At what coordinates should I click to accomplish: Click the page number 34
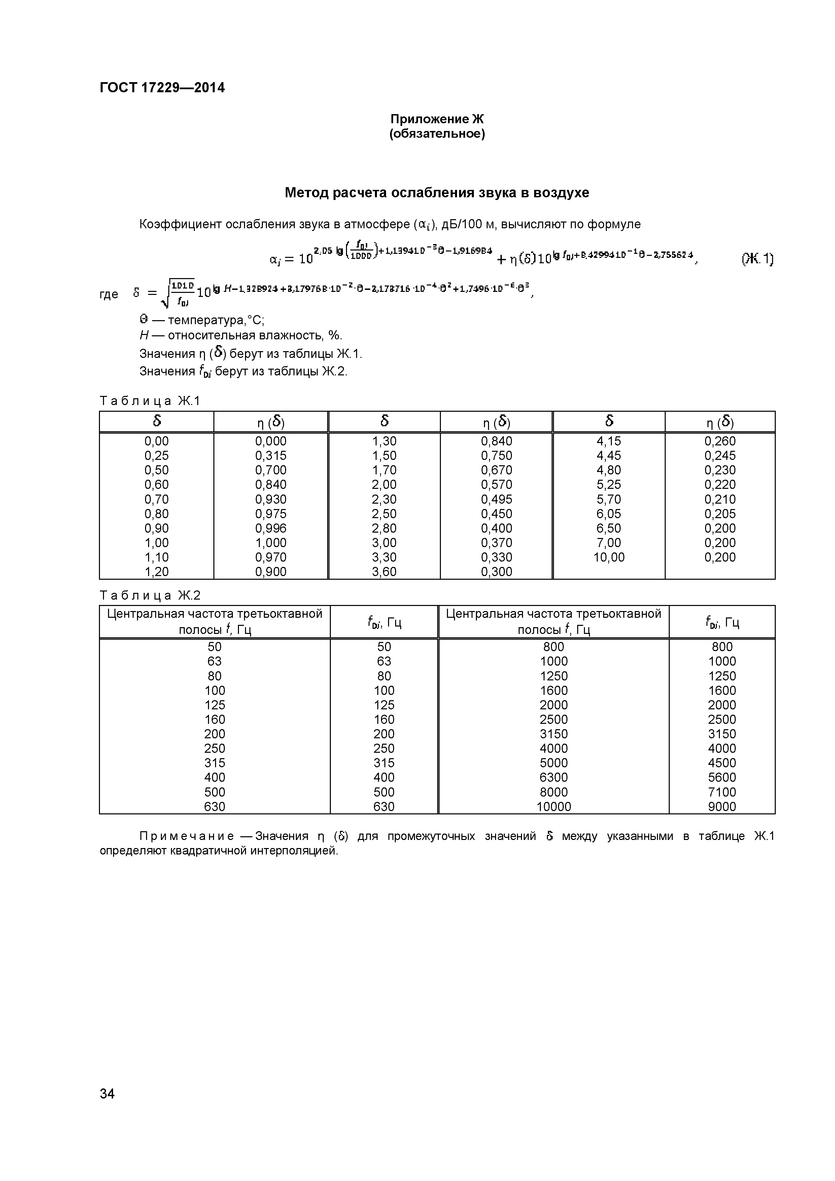[107, 1108]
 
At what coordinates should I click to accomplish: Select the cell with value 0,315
[271, 456]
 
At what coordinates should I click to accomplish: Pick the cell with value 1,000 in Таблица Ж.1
[271, 543]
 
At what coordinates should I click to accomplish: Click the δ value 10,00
[609, 557]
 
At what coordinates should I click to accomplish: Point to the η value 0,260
[720, 441]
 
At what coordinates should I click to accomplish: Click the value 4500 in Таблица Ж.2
[722, 763]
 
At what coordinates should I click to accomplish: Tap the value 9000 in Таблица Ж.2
[722, 807]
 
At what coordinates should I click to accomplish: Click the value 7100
[722, 792]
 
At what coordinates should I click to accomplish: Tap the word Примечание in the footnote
[187, 836]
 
